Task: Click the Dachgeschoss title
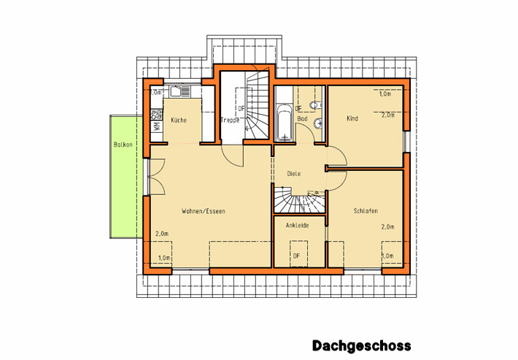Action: [362, 346]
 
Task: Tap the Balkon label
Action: [123, 145]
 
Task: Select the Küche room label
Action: [179, 120]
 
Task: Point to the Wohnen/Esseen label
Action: [204, 211]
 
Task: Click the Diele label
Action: [294, 174]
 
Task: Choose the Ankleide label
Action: [298, 226]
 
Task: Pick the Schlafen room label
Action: [366, 211]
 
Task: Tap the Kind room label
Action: [352, 118]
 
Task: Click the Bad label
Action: [302, 118]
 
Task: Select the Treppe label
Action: [230, 120]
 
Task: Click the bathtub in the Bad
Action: [284, 122]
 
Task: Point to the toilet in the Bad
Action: [316, 105]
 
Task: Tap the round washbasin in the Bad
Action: [318, 123]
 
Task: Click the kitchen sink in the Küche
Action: [180, 91]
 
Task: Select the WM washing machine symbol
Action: [157, 126]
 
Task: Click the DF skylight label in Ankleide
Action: [296, 256]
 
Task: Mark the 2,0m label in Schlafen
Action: [388, 227]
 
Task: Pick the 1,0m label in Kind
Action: [385, 93]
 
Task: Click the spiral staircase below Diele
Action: [299, 199]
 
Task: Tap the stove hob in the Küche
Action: [157, 115]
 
